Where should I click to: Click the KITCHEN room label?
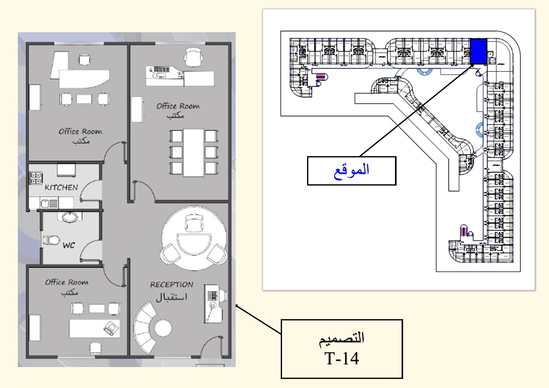[61, 187]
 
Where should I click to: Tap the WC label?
[69, 245]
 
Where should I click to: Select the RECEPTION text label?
[172, 285]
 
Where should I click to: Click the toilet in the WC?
[51, 240]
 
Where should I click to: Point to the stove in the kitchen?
[36, 177]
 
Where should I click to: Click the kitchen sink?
[46, 204]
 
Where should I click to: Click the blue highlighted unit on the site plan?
[479, 51]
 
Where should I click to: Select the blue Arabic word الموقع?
[351, 171]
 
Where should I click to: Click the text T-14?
[342, 359]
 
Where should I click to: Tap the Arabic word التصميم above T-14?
[342, 339]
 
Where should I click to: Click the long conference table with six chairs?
[194, 153]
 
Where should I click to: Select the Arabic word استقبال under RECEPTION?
[172, 297]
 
